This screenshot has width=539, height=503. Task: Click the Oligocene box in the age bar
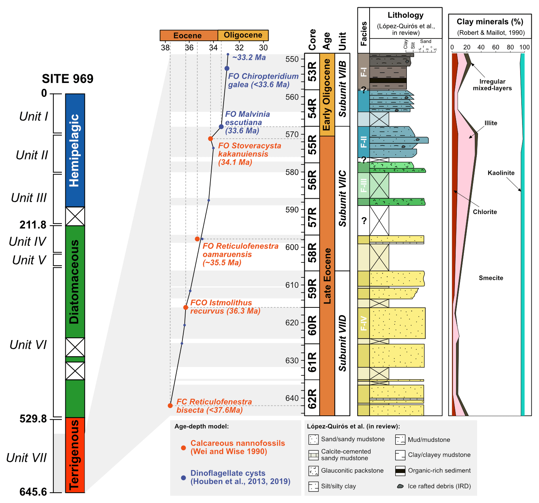243,35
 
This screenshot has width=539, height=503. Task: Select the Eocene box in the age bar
187,35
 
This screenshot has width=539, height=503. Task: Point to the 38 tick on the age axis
165,48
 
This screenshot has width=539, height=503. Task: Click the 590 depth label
292,210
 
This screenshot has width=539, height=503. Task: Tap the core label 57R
312,217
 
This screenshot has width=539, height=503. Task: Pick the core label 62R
312,398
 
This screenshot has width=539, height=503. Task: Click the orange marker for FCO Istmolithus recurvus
186,307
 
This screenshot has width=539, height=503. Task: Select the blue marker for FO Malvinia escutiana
221,127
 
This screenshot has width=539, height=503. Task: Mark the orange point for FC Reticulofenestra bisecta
170,406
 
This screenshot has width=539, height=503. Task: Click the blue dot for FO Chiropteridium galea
227,68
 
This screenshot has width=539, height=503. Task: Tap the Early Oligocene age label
327,95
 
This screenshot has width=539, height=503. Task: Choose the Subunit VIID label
342,343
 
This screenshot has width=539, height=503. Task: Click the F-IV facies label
363,324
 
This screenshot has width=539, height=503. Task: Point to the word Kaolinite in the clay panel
501,173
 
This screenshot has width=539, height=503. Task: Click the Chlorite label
485,212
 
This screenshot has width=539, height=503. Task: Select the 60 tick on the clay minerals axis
496,48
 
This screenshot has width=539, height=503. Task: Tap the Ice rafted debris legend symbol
400,486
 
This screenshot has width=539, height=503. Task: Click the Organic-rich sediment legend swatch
400,471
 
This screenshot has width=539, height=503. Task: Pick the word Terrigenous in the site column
75,455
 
